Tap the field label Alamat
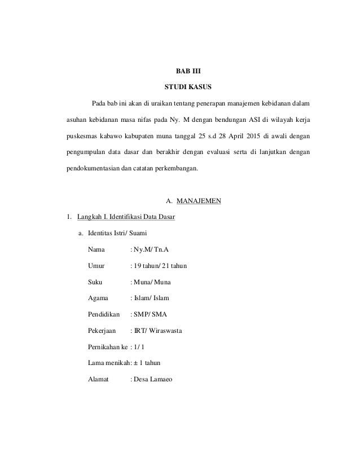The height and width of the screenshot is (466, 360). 98,380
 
